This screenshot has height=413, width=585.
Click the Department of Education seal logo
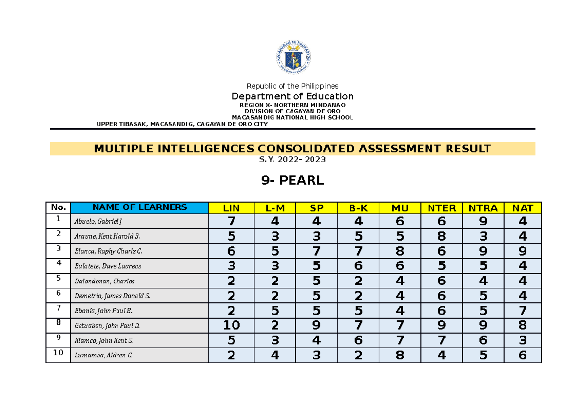pyautogui.click(x=292, y=57)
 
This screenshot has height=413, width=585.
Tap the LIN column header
pyautogui.click(x=231, y=208)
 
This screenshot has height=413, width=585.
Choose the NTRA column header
pyautogui.click(x=483, y=208)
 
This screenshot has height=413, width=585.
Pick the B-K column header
pyautogui.click(x=358, y=208)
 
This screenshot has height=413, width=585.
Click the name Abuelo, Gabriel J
pyautogui.click(x=98, y=222)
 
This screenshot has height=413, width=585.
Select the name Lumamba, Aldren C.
pyautogui.click(x=102, y=356)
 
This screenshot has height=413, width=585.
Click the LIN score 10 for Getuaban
pyautogui.click(x=231, y=325)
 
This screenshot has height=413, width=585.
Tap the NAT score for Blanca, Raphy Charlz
pyautogui.click(x=523, y=251)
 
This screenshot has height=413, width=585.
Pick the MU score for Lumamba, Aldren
pyautogui.click(x=400, y=356)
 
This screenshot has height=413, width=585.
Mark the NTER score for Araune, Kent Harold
pyautogui.click(x=442, y=237)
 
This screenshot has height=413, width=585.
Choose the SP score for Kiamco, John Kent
pyautogui.click(x=317, y=340)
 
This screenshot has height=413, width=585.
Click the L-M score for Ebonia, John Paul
pyautogui.click(x=275, y=311)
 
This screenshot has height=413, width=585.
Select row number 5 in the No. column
pyautogui.click(x=58, y=279)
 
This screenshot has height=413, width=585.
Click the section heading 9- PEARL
pyautogui.click(x=292, y=181)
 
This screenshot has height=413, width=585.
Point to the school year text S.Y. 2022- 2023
pyautogui.click(x=292, y=159)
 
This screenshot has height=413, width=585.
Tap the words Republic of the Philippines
pyautogui.click(x=292, y=86)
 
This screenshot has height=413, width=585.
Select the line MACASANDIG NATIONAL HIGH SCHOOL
pyautogui.click(x=292, y=117)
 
